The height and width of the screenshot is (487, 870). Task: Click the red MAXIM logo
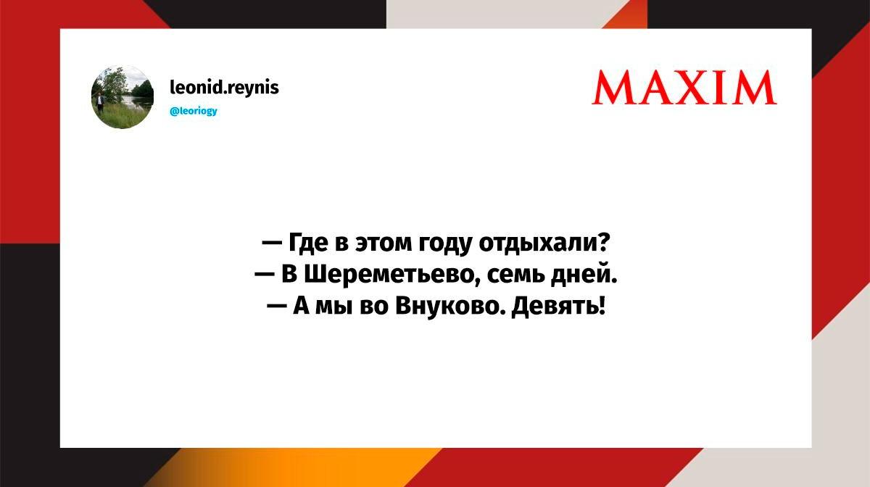[684, 88]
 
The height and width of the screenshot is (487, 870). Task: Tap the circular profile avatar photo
[123, 97]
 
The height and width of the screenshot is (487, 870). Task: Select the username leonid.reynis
[225, 88]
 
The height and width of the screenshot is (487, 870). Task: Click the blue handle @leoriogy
[194, 111]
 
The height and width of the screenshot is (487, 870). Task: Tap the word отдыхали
[539, 244]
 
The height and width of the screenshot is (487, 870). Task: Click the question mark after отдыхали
[605, 242]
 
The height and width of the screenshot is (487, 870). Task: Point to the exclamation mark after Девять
[602, 305]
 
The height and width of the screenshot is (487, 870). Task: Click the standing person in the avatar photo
[100, 103]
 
